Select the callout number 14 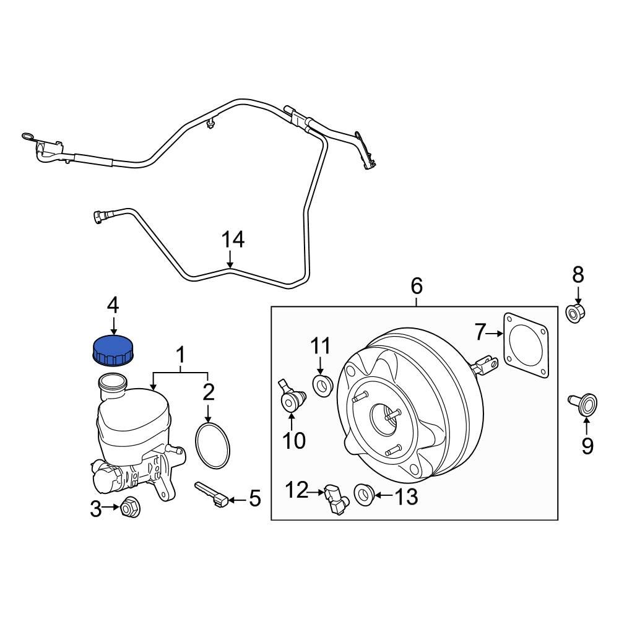pos(233,240)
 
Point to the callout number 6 pos(417,286)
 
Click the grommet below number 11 pos(322,387)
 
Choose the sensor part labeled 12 pos(334,499)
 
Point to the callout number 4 pos(113,305)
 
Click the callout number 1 pos(181,355)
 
